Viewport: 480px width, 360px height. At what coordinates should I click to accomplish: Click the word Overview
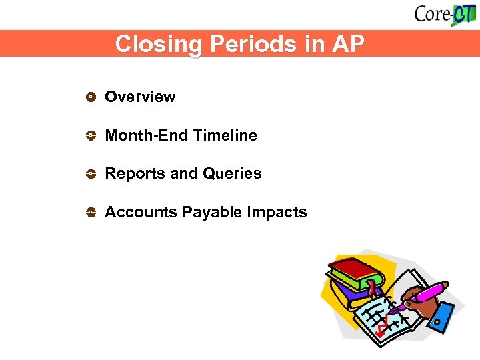tap(140, 97)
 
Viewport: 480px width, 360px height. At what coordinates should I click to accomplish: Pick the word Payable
tap(213, 212)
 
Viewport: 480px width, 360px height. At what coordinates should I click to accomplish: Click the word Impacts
tap(277, 212)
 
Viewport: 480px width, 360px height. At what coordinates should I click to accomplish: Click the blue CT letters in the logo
tap(461, 14)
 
